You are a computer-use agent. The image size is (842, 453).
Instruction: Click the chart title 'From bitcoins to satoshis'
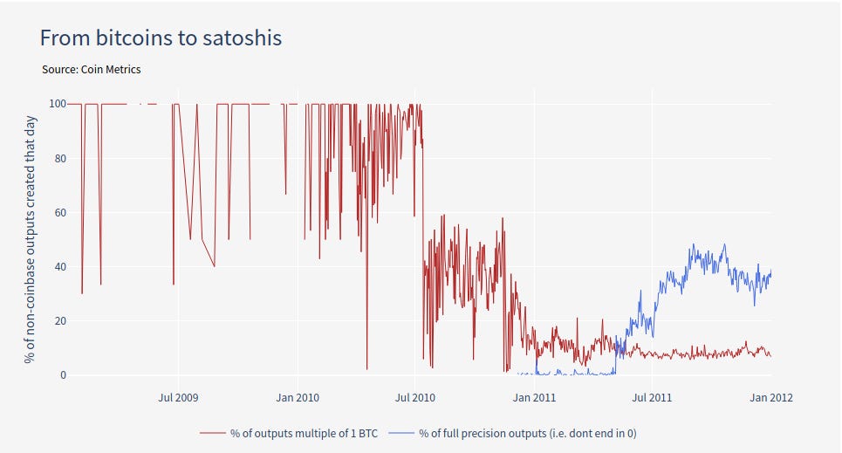pyautogui.click(x=161, y=38)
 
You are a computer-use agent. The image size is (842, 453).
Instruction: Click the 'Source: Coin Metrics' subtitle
pyautogui.click(x=91, y=69)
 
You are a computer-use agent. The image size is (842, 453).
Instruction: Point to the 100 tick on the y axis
pyautogui.click(x=58, y=104)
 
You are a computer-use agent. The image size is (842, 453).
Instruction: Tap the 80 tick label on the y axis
pyautogui.click(x=61, y=158)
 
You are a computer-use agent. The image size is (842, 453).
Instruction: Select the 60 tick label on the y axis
pyautogui.click(x=61, y=212)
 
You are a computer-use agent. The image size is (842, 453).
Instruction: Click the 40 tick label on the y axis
pyautogui.click(x=61, y=266)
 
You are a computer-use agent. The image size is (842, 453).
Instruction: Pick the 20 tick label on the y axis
pyautogui.click(x=61, y=320)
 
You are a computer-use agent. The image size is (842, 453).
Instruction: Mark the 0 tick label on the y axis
pyautogui.click(x=64, y=375)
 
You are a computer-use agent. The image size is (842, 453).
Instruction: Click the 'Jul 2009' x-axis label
pyautogui.click(x=178, y=398)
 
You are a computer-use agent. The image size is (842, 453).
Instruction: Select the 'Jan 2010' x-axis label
pyautogui.click(x=298, y=398)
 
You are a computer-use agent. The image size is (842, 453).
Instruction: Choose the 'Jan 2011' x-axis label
pyautogui.click(x=534, y=398)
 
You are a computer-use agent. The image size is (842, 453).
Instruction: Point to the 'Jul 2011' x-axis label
pyautogui.click(x=652, y=398)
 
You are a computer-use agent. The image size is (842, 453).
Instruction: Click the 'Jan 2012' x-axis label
pyautogui.click(x=770, y=398)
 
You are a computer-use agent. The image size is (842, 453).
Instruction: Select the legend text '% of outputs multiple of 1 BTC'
pyautogui.click(x=304, y=433)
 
